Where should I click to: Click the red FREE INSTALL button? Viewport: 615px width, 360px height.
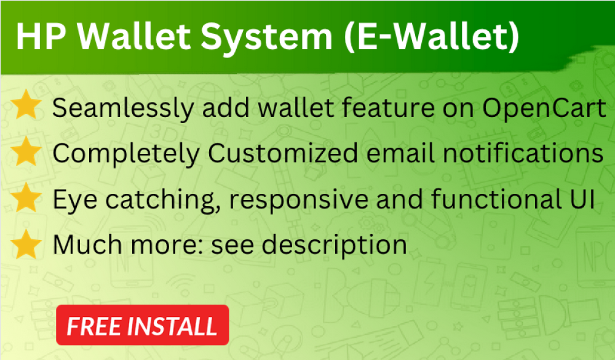coord(143,325)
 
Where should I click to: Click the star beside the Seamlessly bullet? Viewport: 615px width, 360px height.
coord(26,105)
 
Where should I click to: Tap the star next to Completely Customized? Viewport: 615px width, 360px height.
coord(26,151)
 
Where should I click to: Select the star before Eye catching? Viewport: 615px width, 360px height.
coord(26,198)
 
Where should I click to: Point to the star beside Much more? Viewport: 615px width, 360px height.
coord(26,244)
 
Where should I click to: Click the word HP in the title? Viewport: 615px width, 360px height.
coord(41,36)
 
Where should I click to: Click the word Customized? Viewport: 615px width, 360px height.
coord(283,153)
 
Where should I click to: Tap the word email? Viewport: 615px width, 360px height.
coord(400,153)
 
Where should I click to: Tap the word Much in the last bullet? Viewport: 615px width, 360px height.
coord(87,244)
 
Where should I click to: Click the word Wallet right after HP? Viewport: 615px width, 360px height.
coord(133,36)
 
